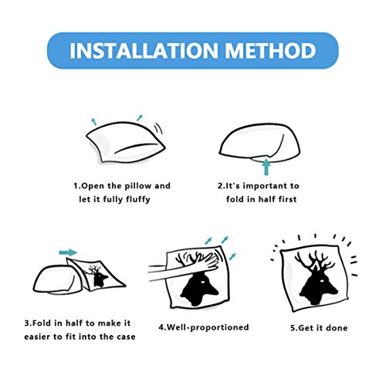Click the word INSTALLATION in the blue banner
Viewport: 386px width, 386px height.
(x=144, y=50)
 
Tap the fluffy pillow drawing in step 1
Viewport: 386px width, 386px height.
(x=126, y=142)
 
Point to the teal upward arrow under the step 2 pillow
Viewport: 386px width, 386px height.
(x=266, y=167)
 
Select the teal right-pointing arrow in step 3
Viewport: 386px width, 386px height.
(x=68, y=252)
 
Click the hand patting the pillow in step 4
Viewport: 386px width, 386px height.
(x=184, y=268)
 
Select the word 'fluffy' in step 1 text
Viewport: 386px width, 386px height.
(x=138, y=199)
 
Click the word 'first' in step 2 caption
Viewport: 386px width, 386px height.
(x=287, y=199)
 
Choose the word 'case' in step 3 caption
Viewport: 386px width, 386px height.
(x=126, y=337)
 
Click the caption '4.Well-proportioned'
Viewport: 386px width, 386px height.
(x=204, y=327)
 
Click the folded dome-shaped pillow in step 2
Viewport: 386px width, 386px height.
(x=260, y=142)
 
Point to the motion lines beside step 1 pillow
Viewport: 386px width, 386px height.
(x=158, y=128)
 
